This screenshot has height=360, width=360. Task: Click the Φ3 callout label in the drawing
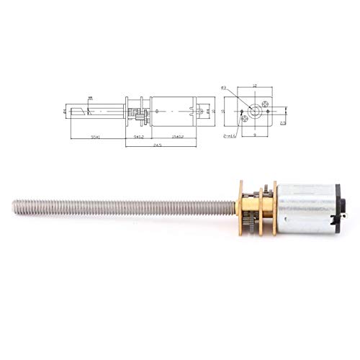[224, 88]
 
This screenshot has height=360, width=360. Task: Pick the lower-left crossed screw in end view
[245, 120]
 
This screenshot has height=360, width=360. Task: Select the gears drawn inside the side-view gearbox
[138, 113]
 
